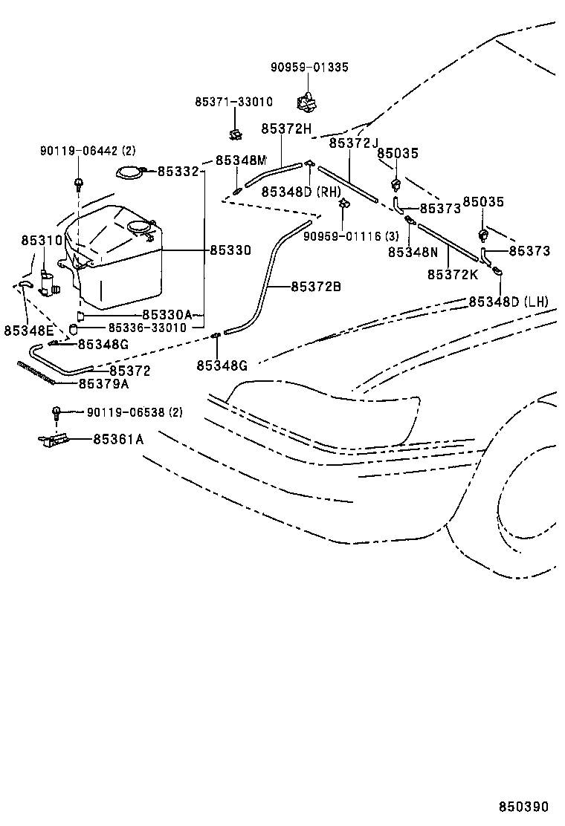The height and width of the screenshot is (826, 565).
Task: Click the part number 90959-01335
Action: (x=309, y=68)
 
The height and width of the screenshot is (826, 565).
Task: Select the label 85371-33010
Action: (x=234, y=102)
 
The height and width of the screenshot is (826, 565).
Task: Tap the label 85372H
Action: (x=285, y=129)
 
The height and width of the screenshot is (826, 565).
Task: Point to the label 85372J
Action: (x=354, y=143)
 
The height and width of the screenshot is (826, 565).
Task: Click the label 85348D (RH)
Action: (x=300, y=192)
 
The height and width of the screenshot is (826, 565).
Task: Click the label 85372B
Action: (x=316, y=286)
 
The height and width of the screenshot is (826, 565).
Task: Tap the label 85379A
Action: (x=104, y=383)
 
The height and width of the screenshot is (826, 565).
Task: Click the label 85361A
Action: (x=118, y=439)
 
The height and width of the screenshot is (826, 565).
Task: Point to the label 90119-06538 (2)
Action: (x=134, y=412)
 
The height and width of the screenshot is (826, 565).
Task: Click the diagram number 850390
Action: (x=523, y=807)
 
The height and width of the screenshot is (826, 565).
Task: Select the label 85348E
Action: (x=28, y=330)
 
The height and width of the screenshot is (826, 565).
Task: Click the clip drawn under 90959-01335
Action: (x=306, y=99)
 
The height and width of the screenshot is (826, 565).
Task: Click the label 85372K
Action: (x=452, y=274)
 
